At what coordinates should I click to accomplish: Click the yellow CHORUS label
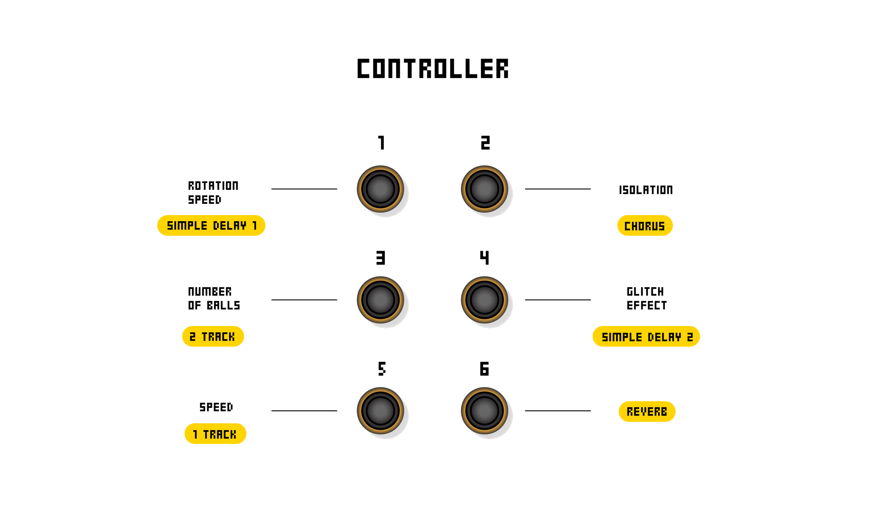645,226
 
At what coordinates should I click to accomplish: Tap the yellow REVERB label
647,412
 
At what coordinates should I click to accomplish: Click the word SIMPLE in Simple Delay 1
187,226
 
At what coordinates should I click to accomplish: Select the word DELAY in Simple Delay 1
229,226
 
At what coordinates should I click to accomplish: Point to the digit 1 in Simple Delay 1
254,226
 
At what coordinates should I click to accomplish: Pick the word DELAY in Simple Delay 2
664,337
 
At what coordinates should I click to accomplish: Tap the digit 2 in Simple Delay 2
690,337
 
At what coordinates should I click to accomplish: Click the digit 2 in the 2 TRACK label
193,337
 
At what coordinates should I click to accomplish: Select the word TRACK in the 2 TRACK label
218,337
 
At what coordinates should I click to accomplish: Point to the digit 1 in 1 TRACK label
195,434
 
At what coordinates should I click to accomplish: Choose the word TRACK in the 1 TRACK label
220,434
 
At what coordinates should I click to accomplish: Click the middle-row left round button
380,299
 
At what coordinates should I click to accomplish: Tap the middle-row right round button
484,299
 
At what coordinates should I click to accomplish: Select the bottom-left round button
380,410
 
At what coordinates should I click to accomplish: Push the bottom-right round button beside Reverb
484,410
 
